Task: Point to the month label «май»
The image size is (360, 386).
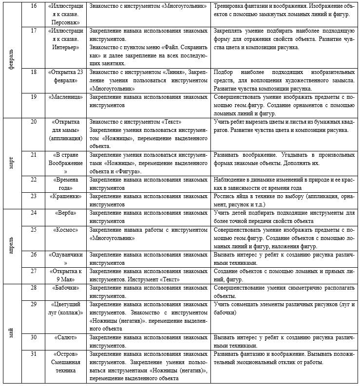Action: tap(12, 333)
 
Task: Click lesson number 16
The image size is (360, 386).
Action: tap(34, 6)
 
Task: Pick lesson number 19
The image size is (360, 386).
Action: tap(34, 96)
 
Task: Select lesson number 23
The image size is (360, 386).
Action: tap(34, 196)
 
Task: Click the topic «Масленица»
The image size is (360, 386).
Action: tap(65, 96)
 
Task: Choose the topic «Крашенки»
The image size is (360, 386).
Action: tap(65, 196)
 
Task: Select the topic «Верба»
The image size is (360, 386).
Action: tap(65, 213)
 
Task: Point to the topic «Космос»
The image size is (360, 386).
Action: tap(65, 229)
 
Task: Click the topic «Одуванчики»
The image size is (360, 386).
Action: tap(65, 254)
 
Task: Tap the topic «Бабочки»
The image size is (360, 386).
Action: tap(65, 288)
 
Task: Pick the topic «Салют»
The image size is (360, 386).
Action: tap(65, 337)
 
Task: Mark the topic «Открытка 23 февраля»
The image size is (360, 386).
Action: tap(65, 76)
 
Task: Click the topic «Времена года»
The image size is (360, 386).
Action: tap(65, 183)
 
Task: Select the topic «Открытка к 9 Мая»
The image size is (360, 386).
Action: tap(65, 275)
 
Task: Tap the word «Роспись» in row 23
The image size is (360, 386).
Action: tap(225, 196)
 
